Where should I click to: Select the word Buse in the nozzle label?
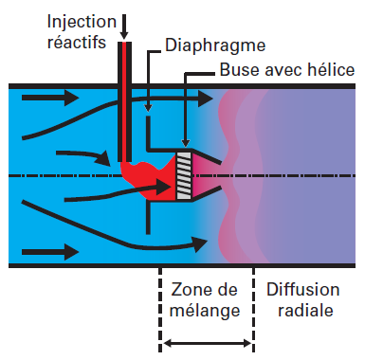(x=239, y=70)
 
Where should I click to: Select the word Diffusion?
(x=302, y=289)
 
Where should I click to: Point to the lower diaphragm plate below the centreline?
(x=148, y=217)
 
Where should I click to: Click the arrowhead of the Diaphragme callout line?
(x=149, y=112)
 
